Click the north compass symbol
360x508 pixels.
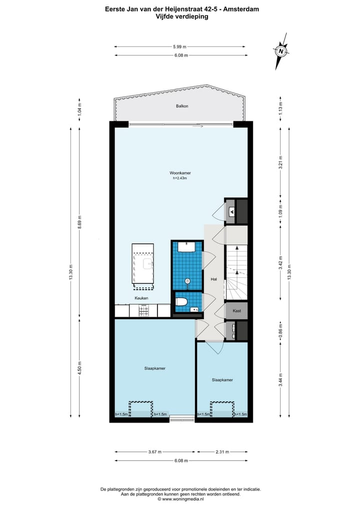[281, 51]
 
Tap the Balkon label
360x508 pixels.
[182, 106]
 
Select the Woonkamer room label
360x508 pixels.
[180, 173]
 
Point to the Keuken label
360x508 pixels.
[141, 298]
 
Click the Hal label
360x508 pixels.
[213, 279]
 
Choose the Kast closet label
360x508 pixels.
[237, 311]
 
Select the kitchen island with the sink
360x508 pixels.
[143, 265]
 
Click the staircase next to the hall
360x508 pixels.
[236, 272]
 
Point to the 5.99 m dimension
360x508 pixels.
[180, 46]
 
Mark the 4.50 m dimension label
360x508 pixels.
[79, 368]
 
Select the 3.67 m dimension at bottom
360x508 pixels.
[155, 452]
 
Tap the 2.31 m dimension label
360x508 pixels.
[222, 452]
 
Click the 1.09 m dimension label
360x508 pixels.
[281, 210]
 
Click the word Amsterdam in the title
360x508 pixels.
[242, 9]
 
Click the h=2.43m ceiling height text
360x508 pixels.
[180, 178]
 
